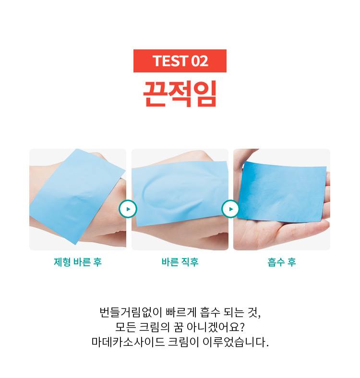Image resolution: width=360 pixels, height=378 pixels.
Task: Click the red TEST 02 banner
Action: [180, 61]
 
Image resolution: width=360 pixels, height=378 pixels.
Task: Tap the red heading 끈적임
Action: [180, 94]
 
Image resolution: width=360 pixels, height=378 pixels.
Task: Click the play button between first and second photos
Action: [128, 209]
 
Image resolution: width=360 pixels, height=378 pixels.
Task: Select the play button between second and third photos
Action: [231, 209]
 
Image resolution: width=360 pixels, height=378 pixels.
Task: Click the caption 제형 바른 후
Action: [78, 262]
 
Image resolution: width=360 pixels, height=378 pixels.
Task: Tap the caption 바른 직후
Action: [180, 262]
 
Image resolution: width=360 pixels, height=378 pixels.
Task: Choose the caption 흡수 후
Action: [282, 262]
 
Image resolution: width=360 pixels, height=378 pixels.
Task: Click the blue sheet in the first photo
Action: [77, 197]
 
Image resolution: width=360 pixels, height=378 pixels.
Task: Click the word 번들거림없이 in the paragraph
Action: [131, 312]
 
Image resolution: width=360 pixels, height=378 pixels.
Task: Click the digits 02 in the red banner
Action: [200, 61]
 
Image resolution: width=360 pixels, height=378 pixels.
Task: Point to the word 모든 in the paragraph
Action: [125, 327]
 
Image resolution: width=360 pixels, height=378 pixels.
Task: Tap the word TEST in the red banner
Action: [170, 61]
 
